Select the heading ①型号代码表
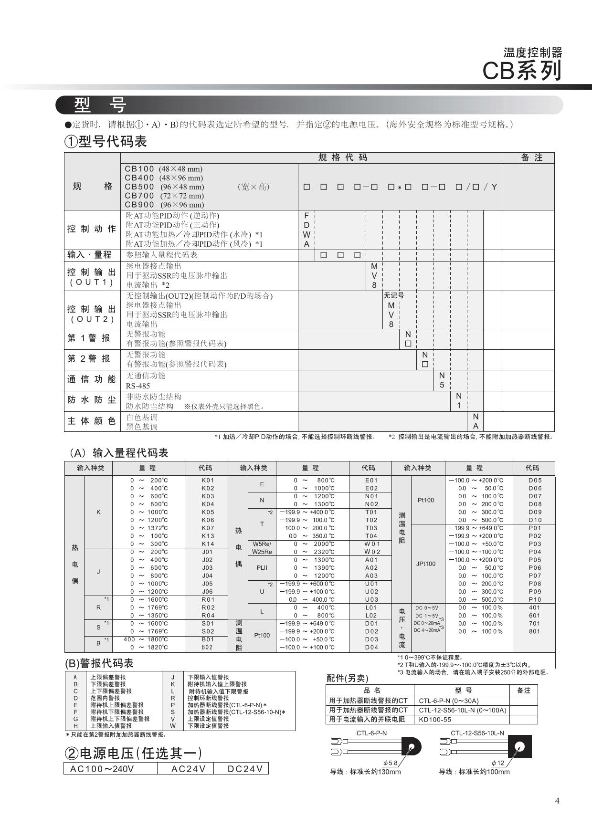tap(106, 141)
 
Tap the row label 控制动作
tap(92, 229)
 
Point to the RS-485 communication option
tap(138, 386)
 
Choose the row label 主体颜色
tap(92, 421)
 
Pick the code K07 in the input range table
tap(208, 528)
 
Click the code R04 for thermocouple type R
tap(208, 615)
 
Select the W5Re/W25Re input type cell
tap(262, 548)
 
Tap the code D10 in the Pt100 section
tap(535, 520)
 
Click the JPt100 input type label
tap(425, 564)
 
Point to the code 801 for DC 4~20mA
tap(535, 631)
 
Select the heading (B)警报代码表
tap(99, 663)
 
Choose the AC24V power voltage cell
tap(189, 768)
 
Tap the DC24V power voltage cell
tap(245, 768)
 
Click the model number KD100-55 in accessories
tap(435, 719)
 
